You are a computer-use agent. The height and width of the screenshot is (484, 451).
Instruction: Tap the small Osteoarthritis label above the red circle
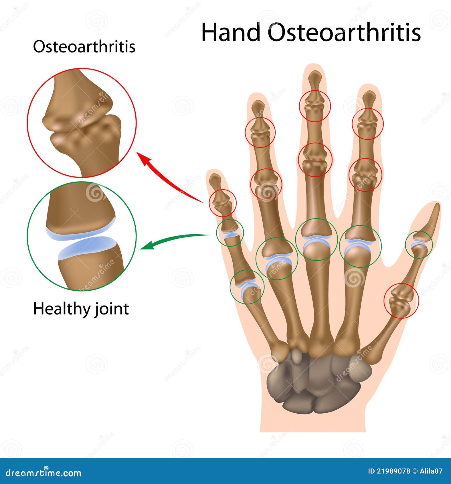84,47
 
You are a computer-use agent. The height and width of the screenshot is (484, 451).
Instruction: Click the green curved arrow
175,239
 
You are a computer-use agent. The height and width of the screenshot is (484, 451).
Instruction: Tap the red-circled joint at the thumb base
401,301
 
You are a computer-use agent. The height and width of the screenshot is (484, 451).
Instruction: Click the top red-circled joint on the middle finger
315,106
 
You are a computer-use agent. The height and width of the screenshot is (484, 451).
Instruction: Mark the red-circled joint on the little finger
223,203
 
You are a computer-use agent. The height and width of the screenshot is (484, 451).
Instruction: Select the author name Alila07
431,471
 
